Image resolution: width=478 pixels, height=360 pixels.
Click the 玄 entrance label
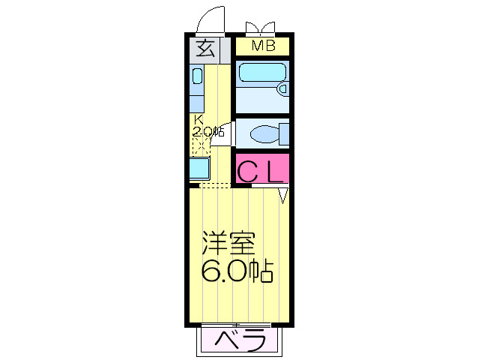click(207, 49)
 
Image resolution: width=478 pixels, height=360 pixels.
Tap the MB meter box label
click(263, 46)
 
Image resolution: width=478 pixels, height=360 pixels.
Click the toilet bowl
click(264, 135)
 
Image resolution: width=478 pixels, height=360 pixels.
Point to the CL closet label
click(261, 171)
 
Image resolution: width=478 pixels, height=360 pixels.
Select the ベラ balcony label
click(241, 341)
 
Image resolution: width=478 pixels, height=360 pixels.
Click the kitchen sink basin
click(197, 76)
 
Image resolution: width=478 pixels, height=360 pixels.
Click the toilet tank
click(285, 135)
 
